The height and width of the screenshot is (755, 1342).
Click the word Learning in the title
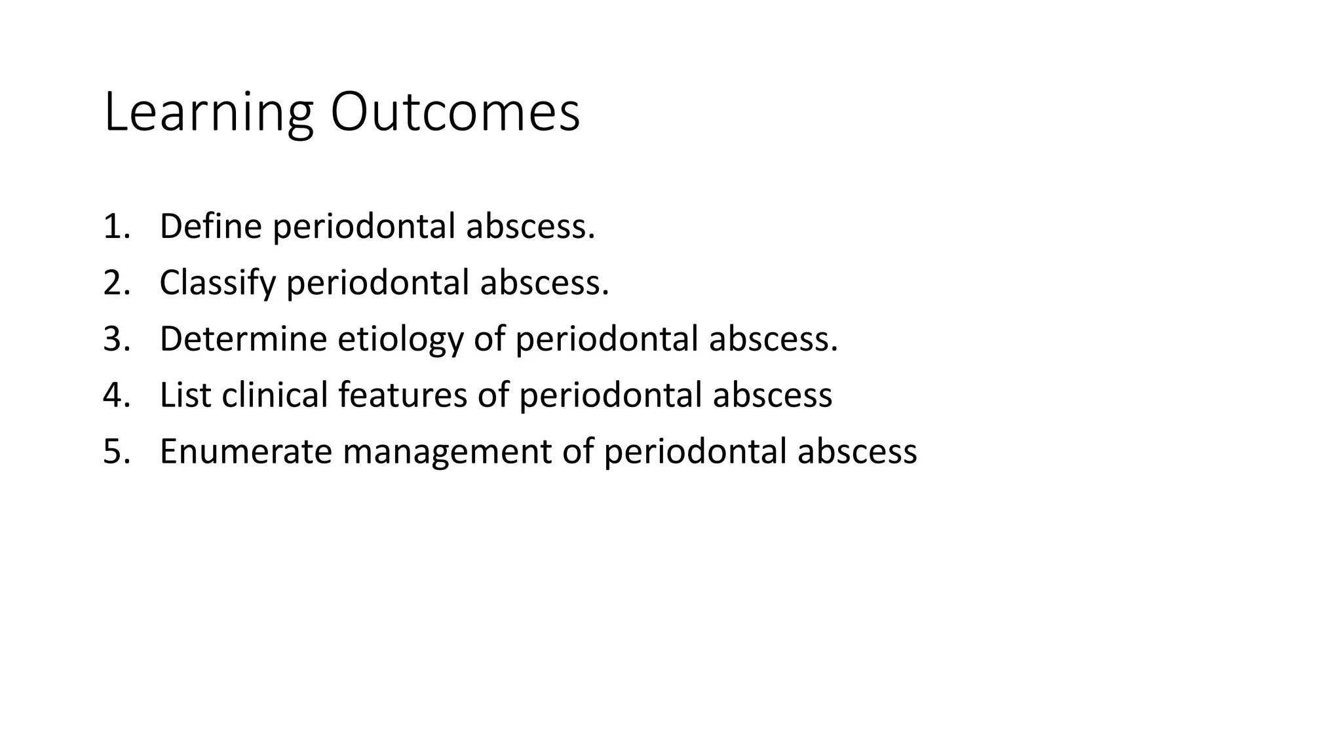point(208,113)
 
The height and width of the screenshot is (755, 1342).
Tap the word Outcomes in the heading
point(455,113)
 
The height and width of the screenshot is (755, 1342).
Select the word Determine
point(243,339)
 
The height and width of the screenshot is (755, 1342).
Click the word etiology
point(400,339)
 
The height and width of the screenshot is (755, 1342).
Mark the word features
point(402,395)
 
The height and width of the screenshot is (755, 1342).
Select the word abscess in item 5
point(857,452)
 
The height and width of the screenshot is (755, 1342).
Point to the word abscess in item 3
point(773,339)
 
